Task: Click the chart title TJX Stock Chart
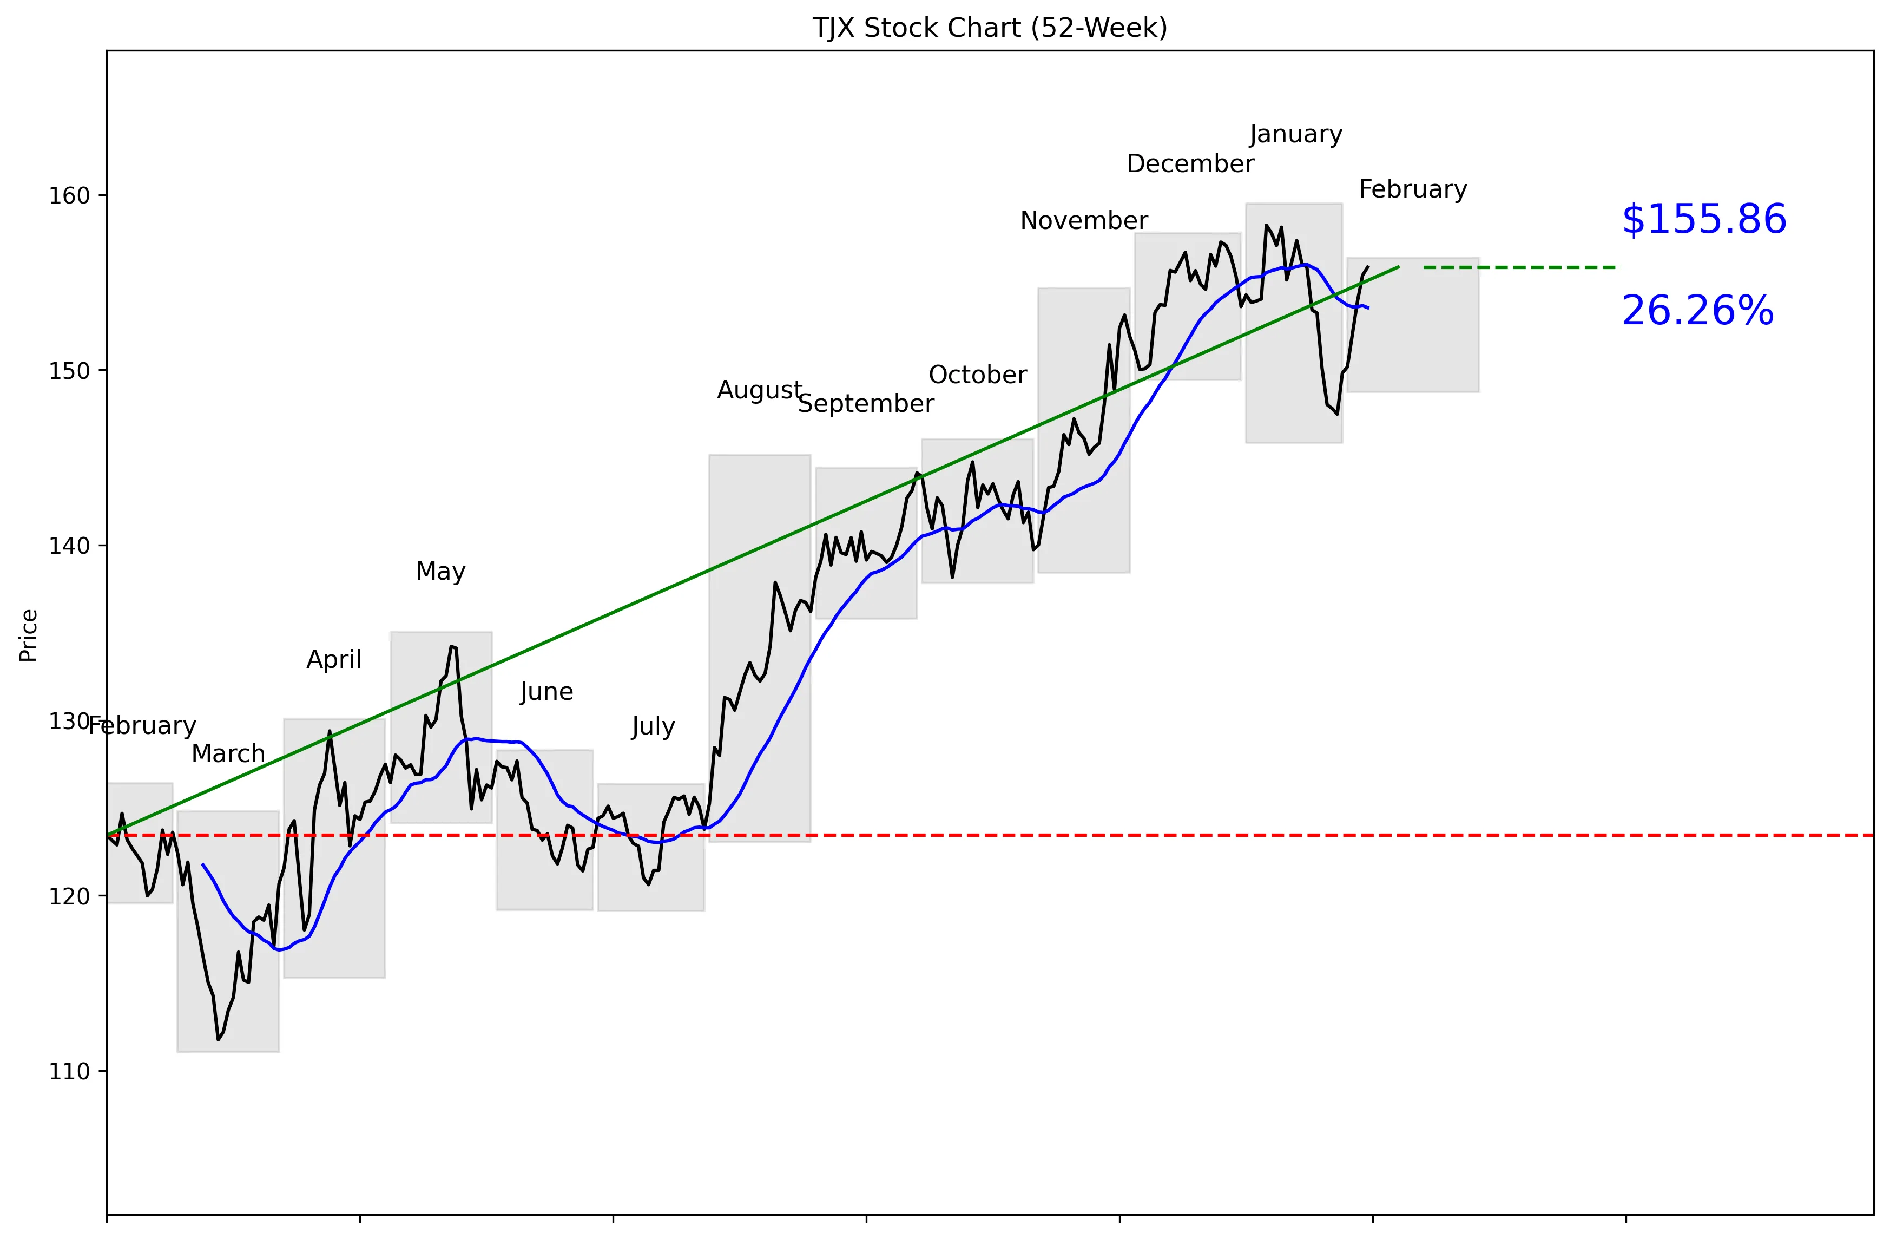pyautogui.click(x=990, y=28)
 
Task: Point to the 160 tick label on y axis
pyautogui.click(x=69, y=195)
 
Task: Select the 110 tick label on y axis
pyautogui.click(x=69, y=1071)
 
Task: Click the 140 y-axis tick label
pyautogui.click(x=69, y=546)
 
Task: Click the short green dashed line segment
pyautogui.click(x=1521, y=267)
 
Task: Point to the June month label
pyautogui.click(x=546, y=691)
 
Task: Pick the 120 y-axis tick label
pyautogui.click(x=69, y=896)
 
